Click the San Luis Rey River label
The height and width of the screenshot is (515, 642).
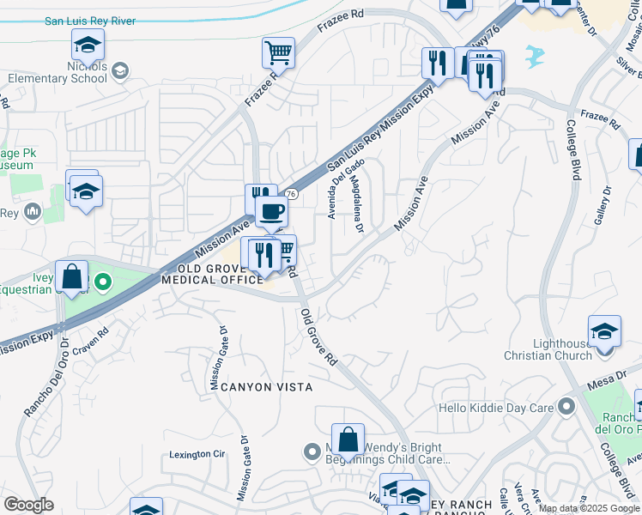click(90, 21)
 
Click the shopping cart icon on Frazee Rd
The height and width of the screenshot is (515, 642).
click(279, 53)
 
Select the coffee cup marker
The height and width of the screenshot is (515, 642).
click(271, 211)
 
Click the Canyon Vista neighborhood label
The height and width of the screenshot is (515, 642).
click(254, 387)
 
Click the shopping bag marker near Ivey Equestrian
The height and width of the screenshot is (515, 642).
click(73, 277)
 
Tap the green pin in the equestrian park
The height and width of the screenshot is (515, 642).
click(102, 281)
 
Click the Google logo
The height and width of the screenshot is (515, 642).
click(29, 505)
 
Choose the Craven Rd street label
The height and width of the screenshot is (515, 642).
click(91, 340)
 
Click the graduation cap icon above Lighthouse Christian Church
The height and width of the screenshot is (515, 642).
click(604, 332)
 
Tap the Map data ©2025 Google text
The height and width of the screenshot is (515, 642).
click(589, 508)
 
